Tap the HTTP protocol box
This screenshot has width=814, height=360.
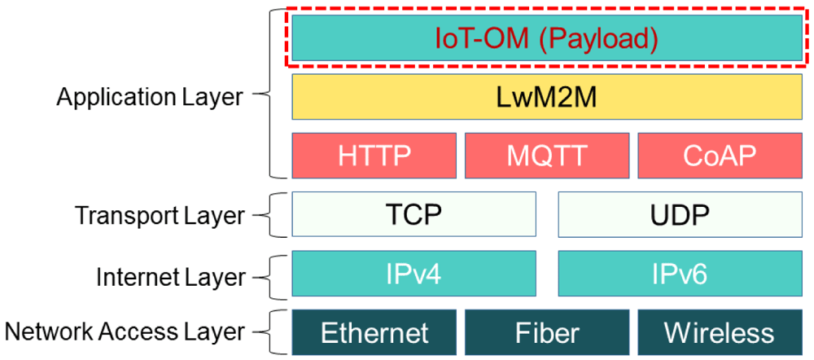pyautogui.click(x=375, y=155)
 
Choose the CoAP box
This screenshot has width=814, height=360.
pyautogui.click(x=719, y=155)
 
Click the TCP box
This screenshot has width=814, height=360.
pyautogui.click(x=414, y=213)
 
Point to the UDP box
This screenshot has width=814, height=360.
pyautogui.click(x=680, y=213)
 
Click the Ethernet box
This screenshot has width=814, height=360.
pyautogui.click(x=374, y=332)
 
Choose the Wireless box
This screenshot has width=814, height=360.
pyautogui.click(x=719, y=332)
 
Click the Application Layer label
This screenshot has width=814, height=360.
pyautogui.click(x=150, y=97)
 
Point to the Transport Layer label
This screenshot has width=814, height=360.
pyautogui.click(x=160, y=215)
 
